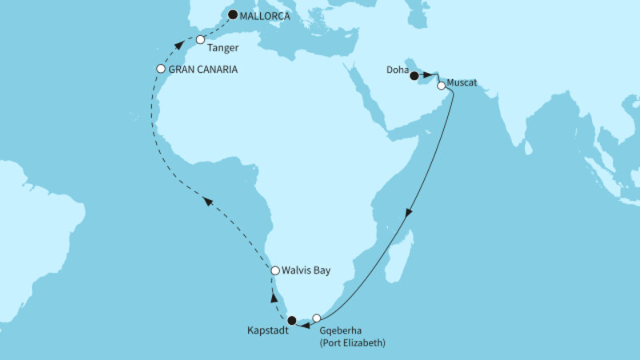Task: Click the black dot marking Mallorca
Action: [233, 14]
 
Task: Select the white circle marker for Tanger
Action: [201, 39]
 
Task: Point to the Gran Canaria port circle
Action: [161, 69]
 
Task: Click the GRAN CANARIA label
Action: [204, 70]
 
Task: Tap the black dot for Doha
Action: [414, 76]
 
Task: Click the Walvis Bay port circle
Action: [275, 271]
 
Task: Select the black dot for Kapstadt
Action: [292, 321]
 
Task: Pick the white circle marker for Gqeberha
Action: [316, 318]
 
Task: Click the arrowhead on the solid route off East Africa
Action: [408, 214]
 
